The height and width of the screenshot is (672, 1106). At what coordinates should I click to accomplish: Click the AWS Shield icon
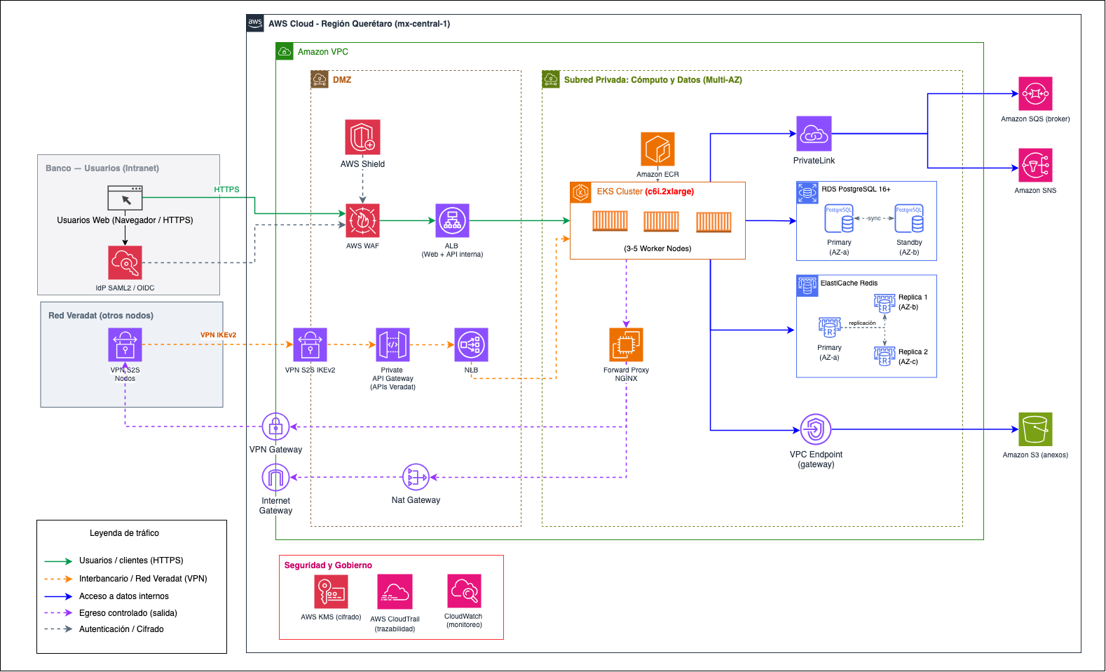[x=362, y=137]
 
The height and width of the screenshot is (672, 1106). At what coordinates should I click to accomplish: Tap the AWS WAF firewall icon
[x=362, y=220]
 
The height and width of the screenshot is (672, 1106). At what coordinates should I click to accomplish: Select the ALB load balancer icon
[x=452, y=220]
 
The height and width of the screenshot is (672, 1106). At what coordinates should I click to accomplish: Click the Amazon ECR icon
[x=657, y=149]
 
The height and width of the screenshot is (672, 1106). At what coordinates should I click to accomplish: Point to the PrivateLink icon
[x=814, y=133]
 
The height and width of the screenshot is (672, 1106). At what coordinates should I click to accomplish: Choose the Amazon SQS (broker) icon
[x=1035, y=93]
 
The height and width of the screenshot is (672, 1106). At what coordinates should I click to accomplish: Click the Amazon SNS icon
[x=1035, y=165]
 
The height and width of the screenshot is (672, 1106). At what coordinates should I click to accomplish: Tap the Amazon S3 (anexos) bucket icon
[x=1035, y=429]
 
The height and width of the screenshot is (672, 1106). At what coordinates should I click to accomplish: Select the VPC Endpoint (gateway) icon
[x=816, y=429]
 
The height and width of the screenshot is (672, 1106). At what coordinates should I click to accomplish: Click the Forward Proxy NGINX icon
[x=626, y=344]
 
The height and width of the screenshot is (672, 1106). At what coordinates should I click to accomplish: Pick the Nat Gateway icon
[x=416, y=477]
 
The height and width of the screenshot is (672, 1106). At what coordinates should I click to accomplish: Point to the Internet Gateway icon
[x=275, y=477]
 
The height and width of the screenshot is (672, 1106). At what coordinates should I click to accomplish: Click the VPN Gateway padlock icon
[x=275, y=426]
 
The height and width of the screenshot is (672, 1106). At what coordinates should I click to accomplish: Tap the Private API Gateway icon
[x=392, y=344]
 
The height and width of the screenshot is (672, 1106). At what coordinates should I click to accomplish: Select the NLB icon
[x=471, y=344]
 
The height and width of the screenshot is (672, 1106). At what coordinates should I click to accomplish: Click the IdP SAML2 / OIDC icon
[x=125, y=262]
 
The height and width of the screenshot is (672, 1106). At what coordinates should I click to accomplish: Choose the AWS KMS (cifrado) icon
[x=331, y=591]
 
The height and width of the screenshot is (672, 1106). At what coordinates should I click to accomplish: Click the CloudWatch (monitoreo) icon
[x=464, y=591]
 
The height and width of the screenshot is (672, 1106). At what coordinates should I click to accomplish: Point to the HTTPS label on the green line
[x=226, y=189]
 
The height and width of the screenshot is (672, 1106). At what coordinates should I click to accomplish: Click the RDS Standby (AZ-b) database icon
[x=909, y=218]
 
